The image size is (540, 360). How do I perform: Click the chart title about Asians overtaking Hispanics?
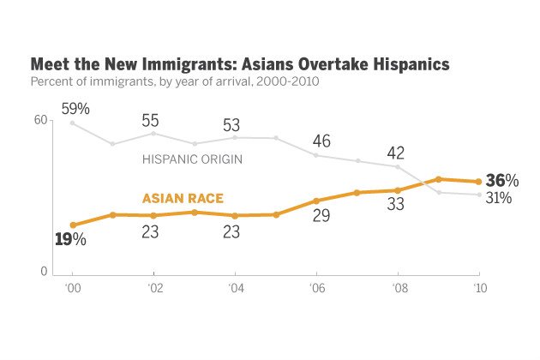pyautogui.click(x=240, y=65)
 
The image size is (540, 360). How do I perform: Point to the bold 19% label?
pyautogui.click(x=70, y=240)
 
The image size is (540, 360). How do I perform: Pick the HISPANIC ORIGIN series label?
pyautogui.click(x=191, y=159)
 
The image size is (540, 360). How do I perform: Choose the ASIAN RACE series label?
pyautogui.click(x=182, y=199)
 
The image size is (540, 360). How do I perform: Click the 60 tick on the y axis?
pyautogui.click(x=39, y=121)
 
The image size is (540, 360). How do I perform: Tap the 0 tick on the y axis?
pyautogui.click(x=43, y=272)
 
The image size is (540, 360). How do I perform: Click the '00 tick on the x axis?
pyautogui.click(x=72, y=290)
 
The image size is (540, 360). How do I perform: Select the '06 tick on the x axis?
pyautogui.click(x=315, y=290)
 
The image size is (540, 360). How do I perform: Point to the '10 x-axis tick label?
pyautogui.click(x=479, y=290)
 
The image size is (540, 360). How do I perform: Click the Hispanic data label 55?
pyautogui.click(x=153, y=120)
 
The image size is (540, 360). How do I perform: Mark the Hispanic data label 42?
pyautogui.click(x=395, y=153)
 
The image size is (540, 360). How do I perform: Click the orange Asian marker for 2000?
pyautogui.click(x=73, y=225)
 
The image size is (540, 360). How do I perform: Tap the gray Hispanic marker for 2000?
pyautogui.click(x=73, y=123)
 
